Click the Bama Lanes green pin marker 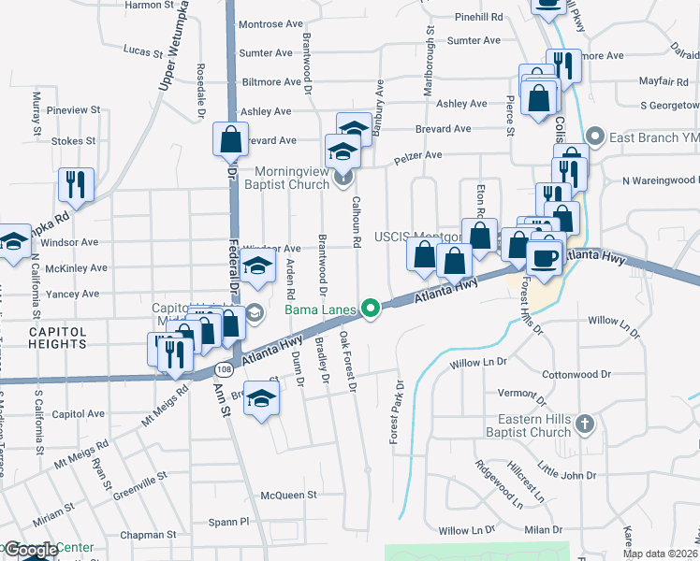(x=371, y=307)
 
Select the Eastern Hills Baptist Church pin (x=585, y=424)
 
